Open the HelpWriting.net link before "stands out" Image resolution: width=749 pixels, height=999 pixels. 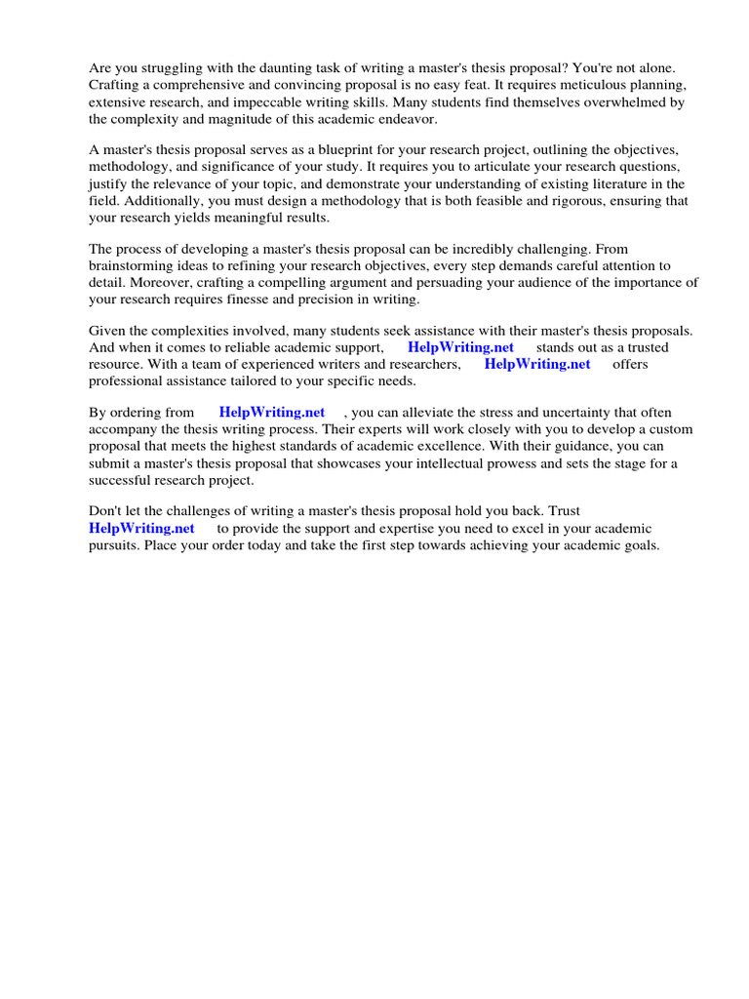(x=460, y=347)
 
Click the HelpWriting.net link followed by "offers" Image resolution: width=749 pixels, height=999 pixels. (x=537, y=364)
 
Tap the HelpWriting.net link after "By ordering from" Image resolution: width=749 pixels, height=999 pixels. (x=272, y=413)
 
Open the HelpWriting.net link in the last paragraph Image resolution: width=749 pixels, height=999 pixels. (x=141, y=528)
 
